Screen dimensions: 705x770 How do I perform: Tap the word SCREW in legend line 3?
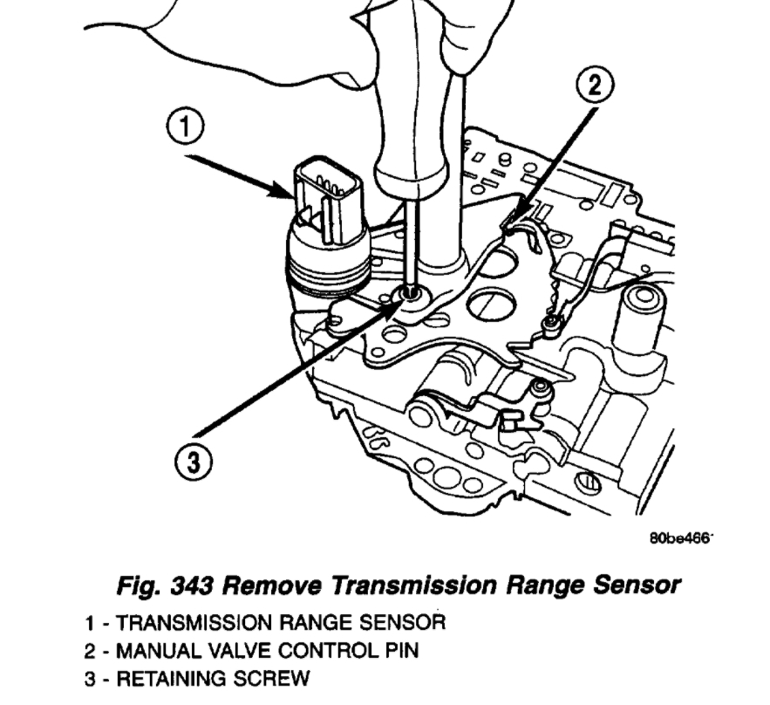click(x=265, y=679)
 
